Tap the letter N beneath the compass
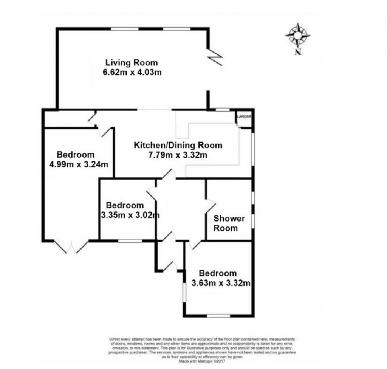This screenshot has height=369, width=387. [x=298, y=52]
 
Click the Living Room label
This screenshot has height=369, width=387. [x=131, y=63]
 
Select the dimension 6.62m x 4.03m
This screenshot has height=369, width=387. [x=132, y=73]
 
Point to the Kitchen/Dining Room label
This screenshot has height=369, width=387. [x=178, y=145]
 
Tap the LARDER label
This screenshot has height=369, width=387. [x=244, y=117]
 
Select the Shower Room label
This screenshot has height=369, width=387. [x=229, y=223]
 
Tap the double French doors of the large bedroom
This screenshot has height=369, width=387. [x=71, y=247]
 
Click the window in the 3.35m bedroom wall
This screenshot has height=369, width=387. [x=130, y=240]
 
